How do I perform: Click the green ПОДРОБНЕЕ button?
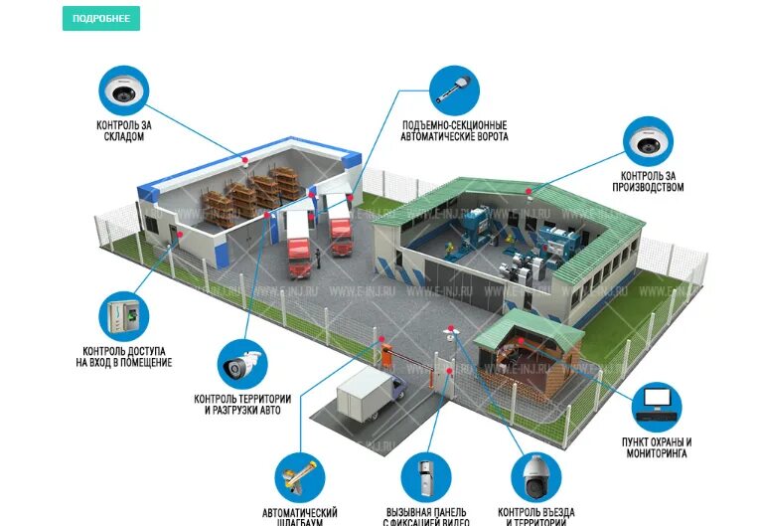click(x=100, y=18)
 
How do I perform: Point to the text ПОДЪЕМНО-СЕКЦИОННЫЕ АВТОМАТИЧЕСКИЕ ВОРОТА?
click(x=454, y=131)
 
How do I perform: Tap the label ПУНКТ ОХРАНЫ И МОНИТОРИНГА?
click(x=656, y=447)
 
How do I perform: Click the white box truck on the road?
click(x=371, y=401)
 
